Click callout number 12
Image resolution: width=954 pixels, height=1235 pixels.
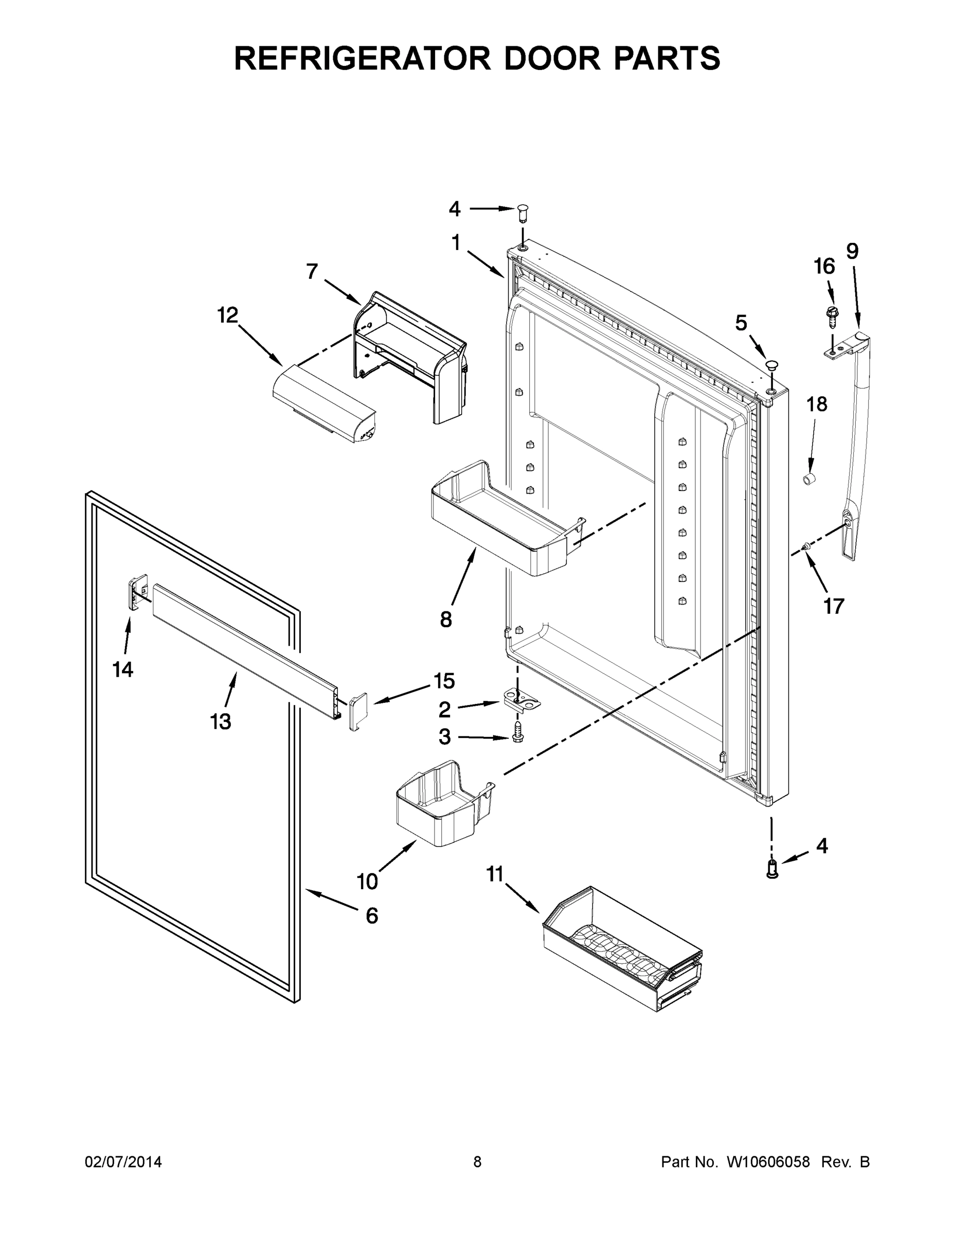(x=228, y=315)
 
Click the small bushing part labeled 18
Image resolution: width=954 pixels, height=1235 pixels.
(x=810, y=481)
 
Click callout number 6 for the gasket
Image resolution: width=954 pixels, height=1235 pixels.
(x=371, y=915)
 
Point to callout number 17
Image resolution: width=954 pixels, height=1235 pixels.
(x=834, y=606)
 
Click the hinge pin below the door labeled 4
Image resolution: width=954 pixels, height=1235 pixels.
(x=772, y=869)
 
